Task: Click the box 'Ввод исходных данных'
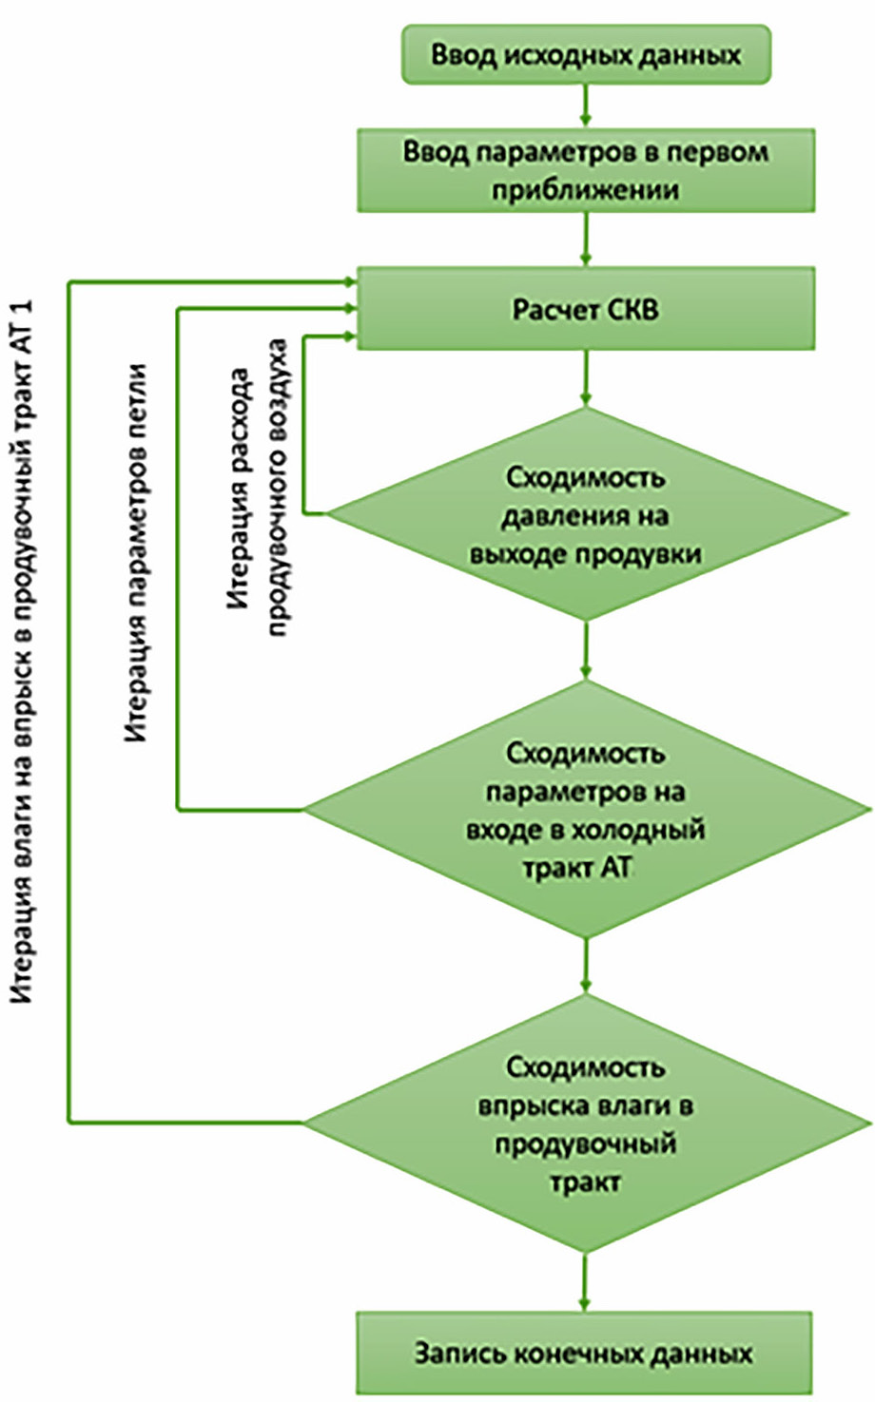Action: pyautogui.click(x=586, y=54)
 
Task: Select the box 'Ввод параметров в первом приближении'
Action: pyautogui.click(x=586, y=170)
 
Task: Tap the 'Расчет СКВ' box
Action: pyautogui.click(x=586, y=309)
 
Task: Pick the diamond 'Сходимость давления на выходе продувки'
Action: pyautogui.click(x=586, y=515)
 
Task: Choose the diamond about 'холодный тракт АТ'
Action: pyautogui.click(x=586, y=810)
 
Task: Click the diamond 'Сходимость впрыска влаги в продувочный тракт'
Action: pyautogui.click(x=586, y=1124)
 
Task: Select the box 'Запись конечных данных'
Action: pyautogui.click(x=584, y=1353)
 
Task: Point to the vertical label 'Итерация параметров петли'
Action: pyautogui.click(x=137, y=551)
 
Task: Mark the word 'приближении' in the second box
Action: pyautogui.click(x=585, y=189)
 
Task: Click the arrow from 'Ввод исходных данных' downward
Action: pyautogui.click(x=586, y=106)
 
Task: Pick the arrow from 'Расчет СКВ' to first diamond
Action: pyautogui.click(x=586, y=378)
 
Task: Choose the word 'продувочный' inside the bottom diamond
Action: pyautogui.click(x=585, y=1143)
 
